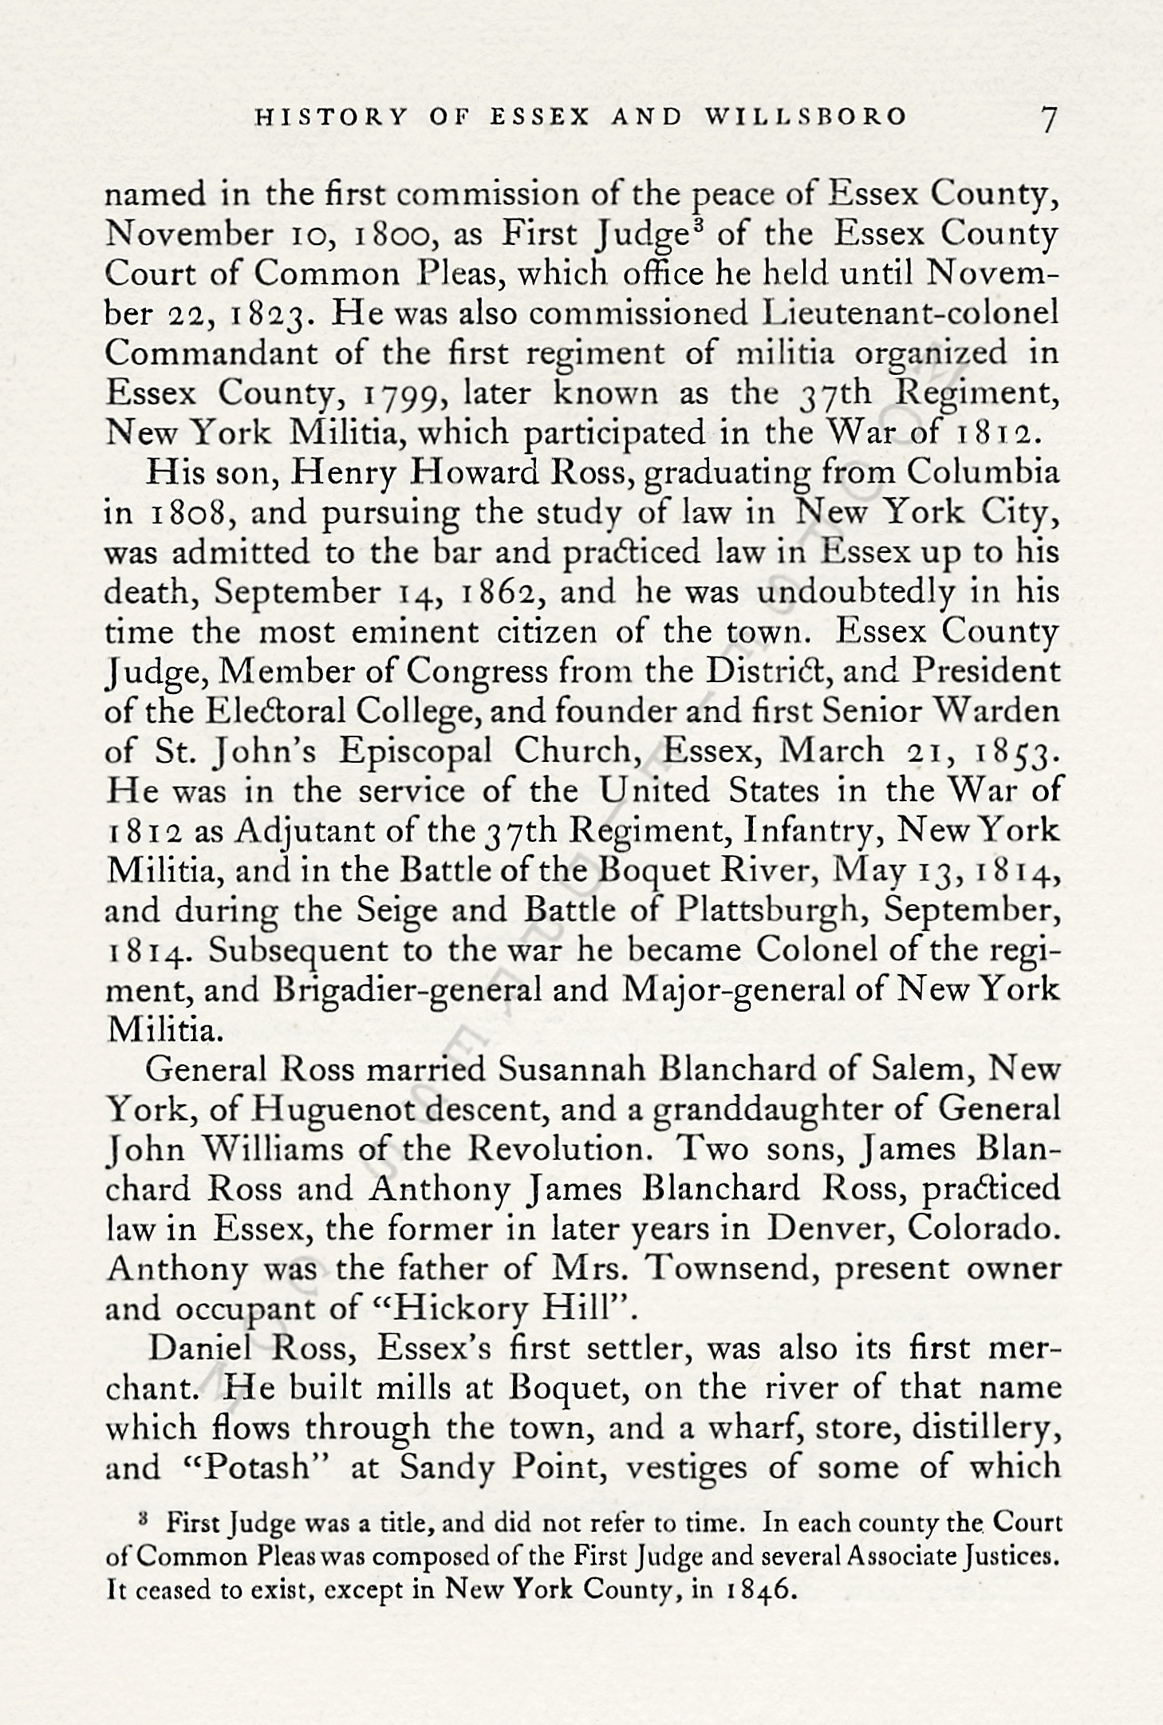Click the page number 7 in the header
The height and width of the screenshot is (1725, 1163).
click(1048, 119)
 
